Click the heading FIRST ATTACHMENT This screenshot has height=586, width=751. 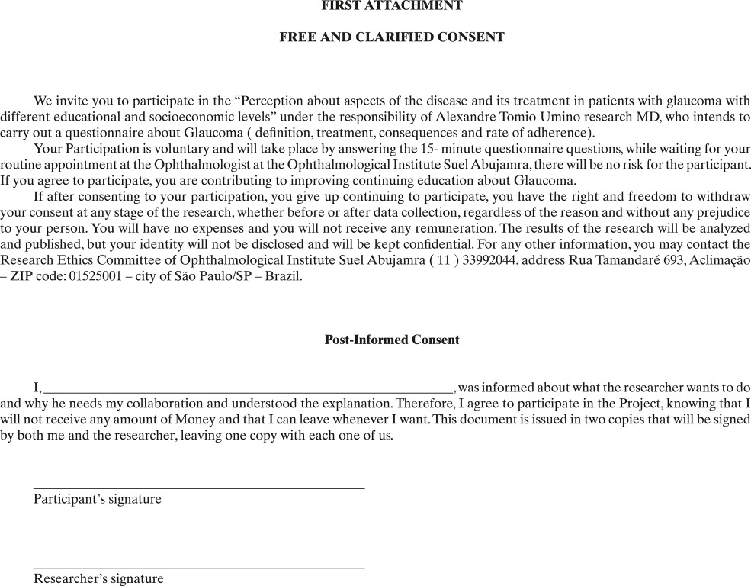(392, 6)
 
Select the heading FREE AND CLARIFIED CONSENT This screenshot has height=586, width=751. (392, 37)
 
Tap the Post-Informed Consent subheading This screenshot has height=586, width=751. (392, 340)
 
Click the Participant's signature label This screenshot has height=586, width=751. (98, 499)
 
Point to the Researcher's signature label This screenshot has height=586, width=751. (98, 578)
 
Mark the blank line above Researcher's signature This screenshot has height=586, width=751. (199, 568)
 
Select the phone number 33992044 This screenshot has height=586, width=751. (506, 260)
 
